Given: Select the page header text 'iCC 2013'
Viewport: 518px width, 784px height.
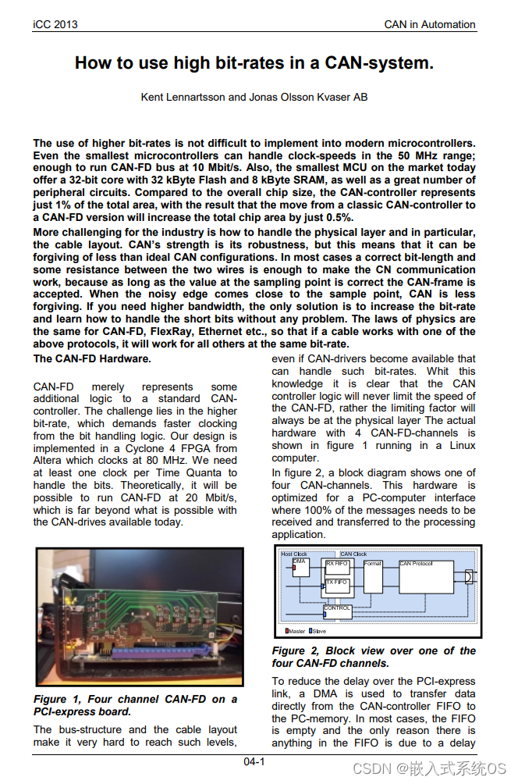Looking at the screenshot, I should [55, 24].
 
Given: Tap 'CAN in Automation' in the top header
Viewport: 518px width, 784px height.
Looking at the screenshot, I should [430, 24].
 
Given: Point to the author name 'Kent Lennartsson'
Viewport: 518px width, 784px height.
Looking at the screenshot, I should [181, 97].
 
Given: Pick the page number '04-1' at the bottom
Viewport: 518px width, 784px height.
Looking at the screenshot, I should [254, 761].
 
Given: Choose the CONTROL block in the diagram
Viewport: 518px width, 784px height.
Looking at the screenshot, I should [338, 611].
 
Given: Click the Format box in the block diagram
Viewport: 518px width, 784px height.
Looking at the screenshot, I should [374, 576].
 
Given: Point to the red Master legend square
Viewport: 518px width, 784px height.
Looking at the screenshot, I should [286, 631].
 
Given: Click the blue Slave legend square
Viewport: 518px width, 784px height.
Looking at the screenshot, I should [311, 631].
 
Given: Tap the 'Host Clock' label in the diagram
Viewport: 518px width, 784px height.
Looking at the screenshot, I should [294, 554].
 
